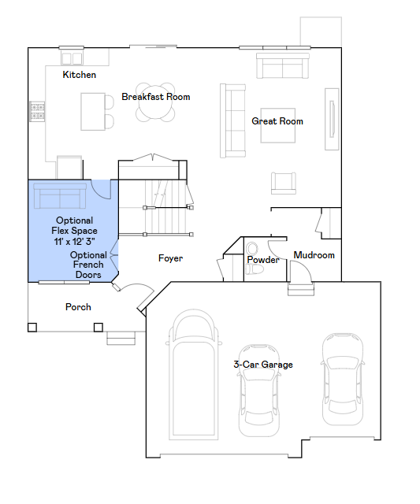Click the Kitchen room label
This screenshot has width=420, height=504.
(79, 75)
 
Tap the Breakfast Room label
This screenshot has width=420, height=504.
(156, 97)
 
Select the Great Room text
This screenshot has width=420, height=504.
(277, 121)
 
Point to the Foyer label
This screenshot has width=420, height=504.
(170, 258)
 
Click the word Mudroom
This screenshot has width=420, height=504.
(314, 255)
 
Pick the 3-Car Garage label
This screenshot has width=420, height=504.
(263, 365)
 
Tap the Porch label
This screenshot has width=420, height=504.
(78, 307)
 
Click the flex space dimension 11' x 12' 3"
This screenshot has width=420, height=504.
(74, 242)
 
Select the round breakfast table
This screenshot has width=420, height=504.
(155, 102)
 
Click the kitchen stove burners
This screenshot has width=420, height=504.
(37, 111)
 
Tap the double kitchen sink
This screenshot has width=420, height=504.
(72, 58)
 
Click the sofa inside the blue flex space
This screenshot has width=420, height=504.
(60, 196)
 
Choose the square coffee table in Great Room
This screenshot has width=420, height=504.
(278, 125)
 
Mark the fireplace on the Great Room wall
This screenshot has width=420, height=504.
(332, 119)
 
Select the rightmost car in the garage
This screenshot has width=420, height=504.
(343, 380)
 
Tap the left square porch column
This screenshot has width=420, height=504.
(32, 328)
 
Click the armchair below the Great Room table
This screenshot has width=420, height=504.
(284, 183)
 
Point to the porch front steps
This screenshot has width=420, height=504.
(121, 338)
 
